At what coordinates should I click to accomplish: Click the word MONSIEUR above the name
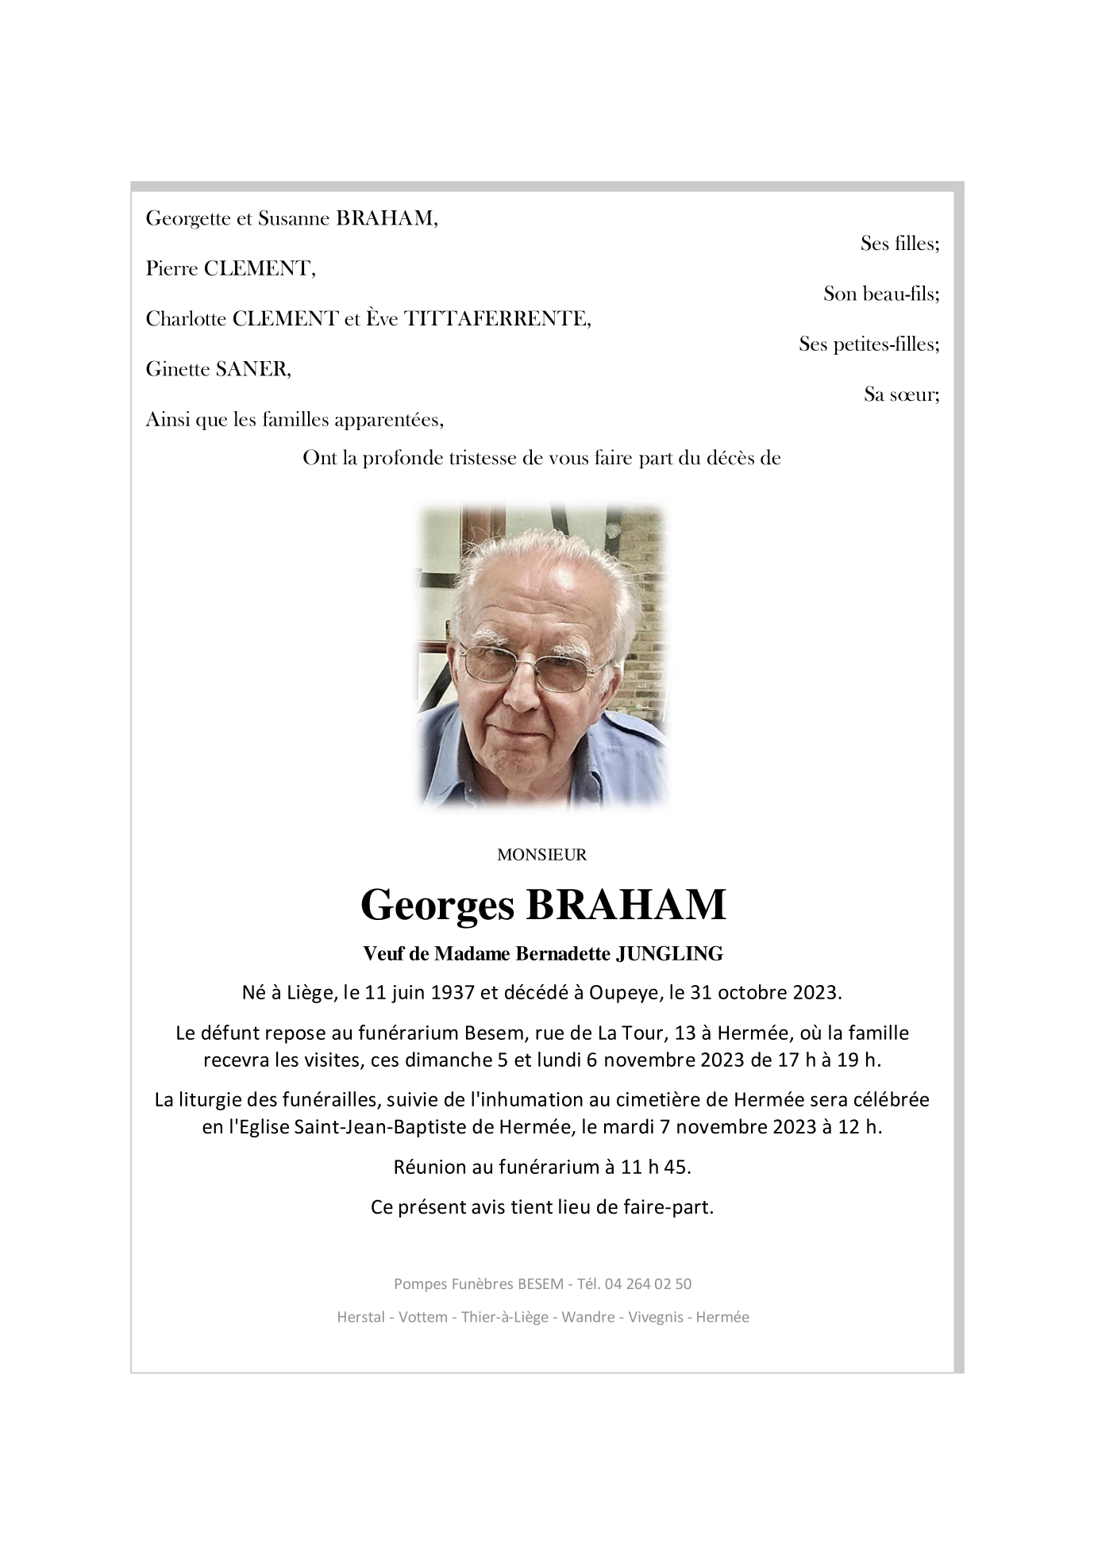click(541, 855)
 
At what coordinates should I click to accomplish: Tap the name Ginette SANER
click(218, 369)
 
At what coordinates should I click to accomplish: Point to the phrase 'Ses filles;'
click(899, 244)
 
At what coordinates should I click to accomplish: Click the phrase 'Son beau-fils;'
click(881, 294)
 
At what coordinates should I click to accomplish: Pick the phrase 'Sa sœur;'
click(901, 394)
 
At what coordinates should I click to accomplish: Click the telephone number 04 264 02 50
click(647, 1283)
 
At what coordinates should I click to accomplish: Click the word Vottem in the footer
click(422, 1317)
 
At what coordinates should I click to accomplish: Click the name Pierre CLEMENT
click(230, 269)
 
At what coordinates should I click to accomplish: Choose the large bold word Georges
click(437, 904)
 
